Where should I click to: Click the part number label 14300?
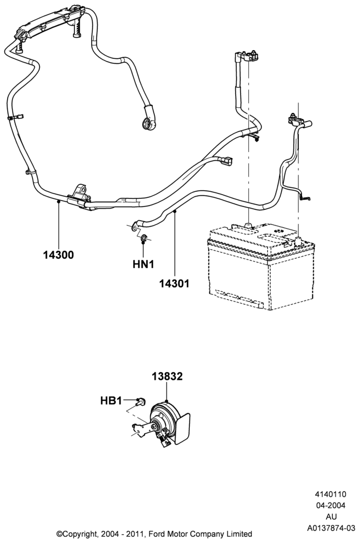pos(58,255)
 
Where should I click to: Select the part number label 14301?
pos(174,283)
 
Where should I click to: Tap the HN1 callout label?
pos(143,264)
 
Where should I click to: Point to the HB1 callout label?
pos(111,401)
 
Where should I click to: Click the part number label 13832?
pos(167,377)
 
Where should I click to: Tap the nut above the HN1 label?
pos(143,239)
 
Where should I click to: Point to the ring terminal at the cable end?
pos(149,123)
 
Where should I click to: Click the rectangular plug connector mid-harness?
pos(227,161)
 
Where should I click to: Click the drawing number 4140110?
pos(331,494)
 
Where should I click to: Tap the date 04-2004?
pos(331,505)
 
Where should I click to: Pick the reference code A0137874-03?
pos(331,528)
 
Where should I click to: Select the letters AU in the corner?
pos(331,517)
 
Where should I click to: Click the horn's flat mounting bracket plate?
pos(182,428)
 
